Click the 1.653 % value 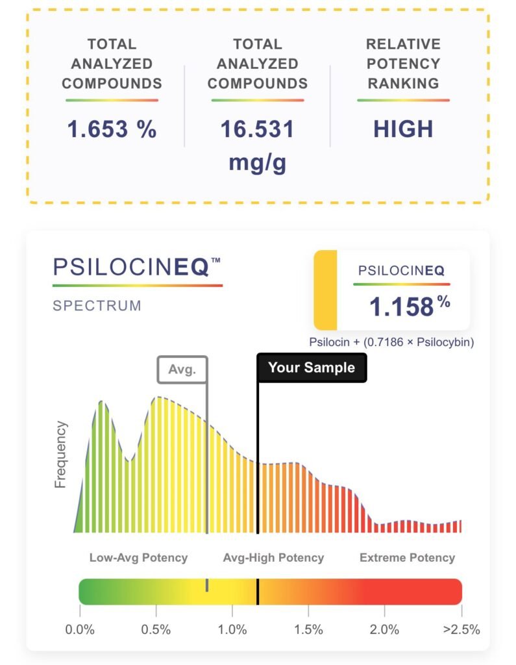point(112,129)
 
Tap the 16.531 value point(257,129)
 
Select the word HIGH point(402,129)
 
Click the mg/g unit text point(257,162)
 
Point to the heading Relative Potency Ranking point(402,64)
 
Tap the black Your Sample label point(312,368)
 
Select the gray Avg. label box point(182,370)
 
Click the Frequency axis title point(61,455)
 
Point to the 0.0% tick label point(80,629)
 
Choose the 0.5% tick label point(156,629)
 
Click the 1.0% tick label point(232,629)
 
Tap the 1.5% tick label point(308,629)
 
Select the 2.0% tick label point(384,629)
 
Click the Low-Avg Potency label point(138,558)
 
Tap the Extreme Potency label point(407,558)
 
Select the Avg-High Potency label point(273,558)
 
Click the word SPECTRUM point(97,305)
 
